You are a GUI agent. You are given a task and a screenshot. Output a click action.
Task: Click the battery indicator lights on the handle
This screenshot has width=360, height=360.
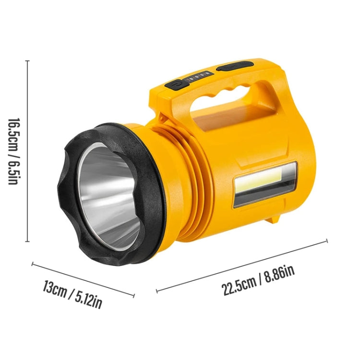coord(198,75)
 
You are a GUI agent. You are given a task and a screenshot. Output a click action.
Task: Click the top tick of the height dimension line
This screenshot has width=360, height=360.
coord(28,61)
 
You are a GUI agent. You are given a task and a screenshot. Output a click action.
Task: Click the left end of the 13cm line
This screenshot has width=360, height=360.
coord(33,263)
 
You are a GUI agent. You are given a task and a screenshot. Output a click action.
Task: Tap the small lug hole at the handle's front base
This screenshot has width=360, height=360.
coord(163,116)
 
